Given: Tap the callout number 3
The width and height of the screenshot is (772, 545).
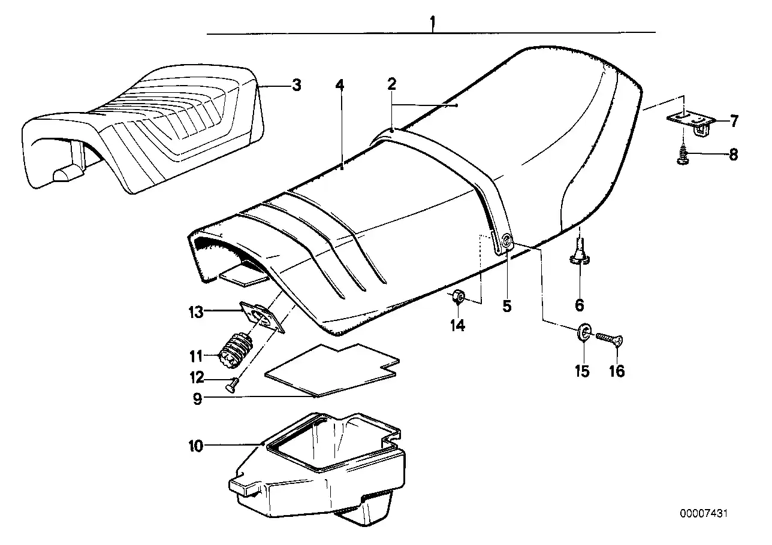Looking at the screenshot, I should pyautogui.click(x=296, y=85).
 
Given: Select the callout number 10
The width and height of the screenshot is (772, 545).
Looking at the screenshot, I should pyautogui.click(x=195, y=446).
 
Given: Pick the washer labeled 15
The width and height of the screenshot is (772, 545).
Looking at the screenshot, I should pyautogui.click(x=585, y=331).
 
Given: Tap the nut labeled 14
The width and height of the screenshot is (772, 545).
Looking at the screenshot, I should pyautogui.click(x=459, y=296).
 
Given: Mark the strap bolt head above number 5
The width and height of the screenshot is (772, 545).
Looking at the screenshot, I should pyautogui.click(x=507, y=241).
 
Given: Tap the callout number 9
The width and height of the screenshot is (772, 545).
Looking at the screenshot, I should pyautogui.click(x=197, y=398).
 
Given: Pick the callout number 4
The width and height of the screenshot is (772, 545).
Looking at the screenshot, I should pyautogui.click(x=340, y=85).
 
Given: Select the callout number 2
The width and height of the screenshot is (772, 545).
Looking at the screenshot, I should pyautogui.click(x=391, y=84).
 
